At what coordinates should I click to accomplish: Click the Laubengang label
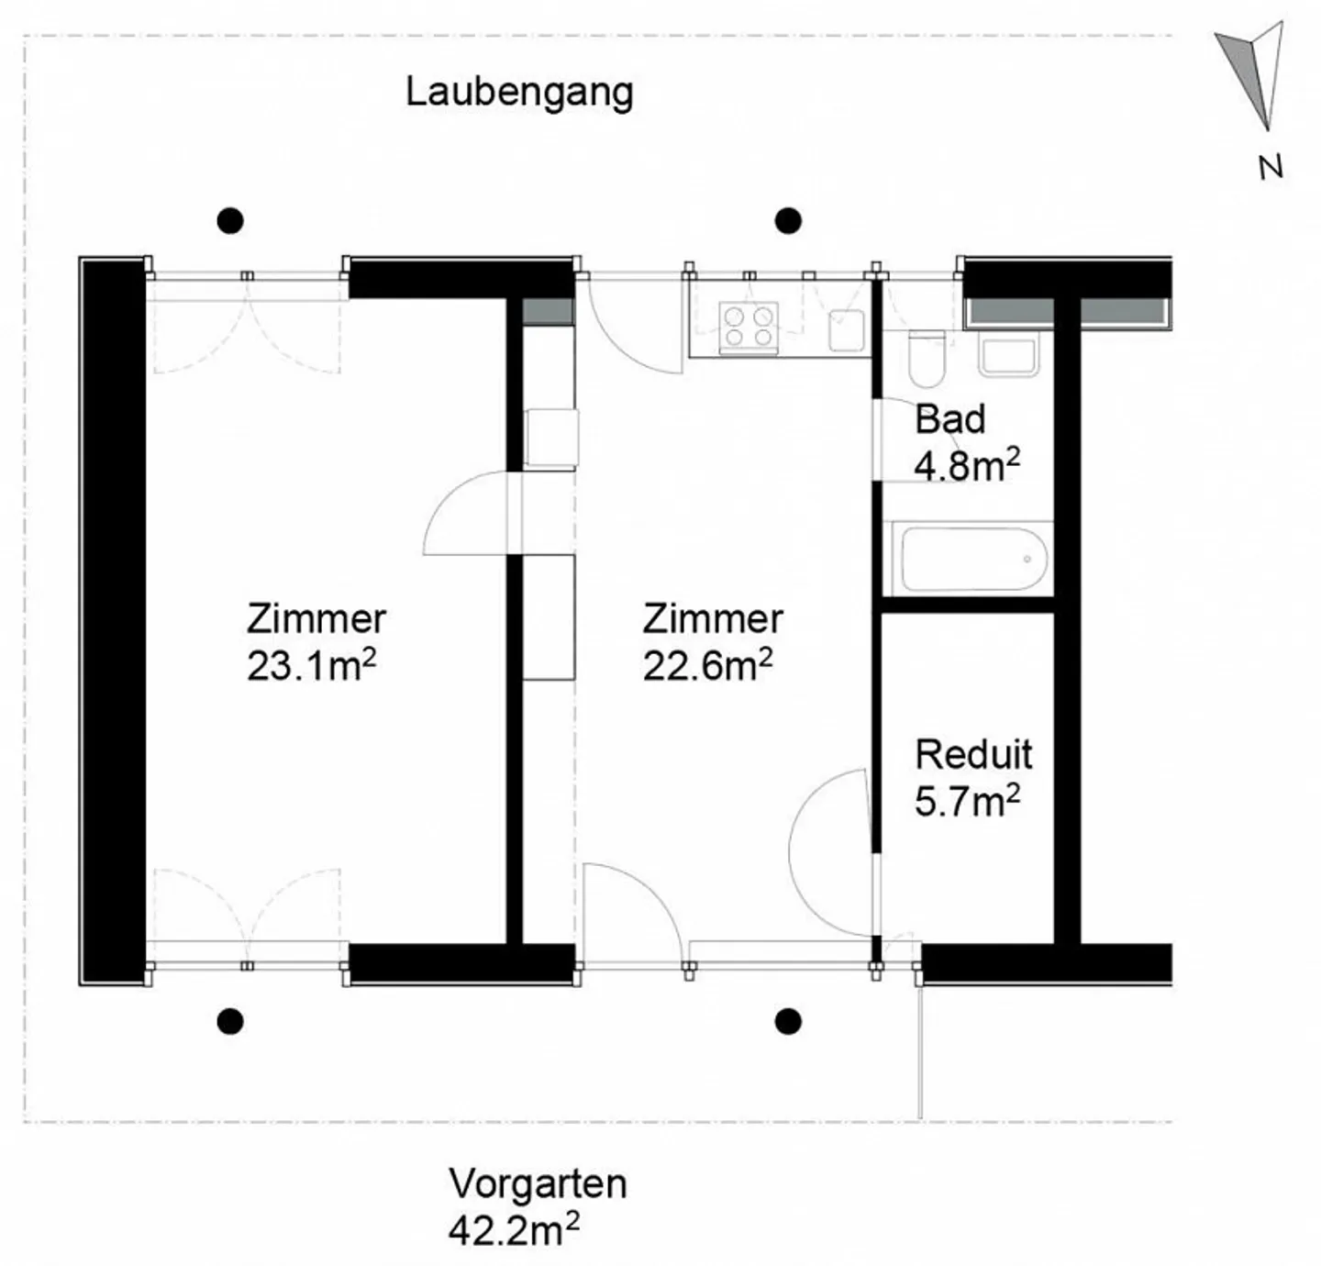pos(519,93)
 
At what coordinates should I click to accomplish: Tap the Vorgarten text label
pos(538,1183)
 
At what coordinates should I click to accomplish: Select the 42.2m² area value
pos(513,1229)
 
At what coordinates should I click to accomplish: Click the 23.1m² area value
pos(311,666)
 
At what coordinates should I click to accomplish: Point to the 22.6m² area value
pos(707,666)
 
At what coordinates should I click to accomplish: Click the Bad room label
pos(949,419)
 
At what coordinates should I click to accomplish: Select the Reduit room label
pos(973,755)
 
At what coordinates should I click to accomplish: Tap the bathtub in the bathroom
pos(973,559)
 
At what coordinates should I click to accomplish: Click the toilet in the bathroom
pos(927,359)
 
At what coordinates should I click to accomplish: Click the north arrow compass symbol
pos(1253,73)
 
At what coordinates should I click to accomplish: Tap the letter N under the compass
pos(1270,168)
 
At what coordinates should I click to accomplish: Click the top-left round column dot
pos(230,220)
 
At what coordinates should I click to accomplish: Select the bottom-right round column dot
pos(788,1020)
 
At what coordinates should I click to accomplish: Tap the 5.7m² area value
pos(967,802)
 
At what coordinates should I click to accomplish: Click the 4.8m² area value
pos(967,466)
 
